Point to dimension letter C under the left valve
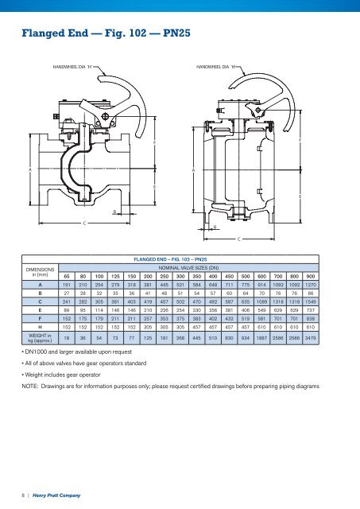coord(84,222)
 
